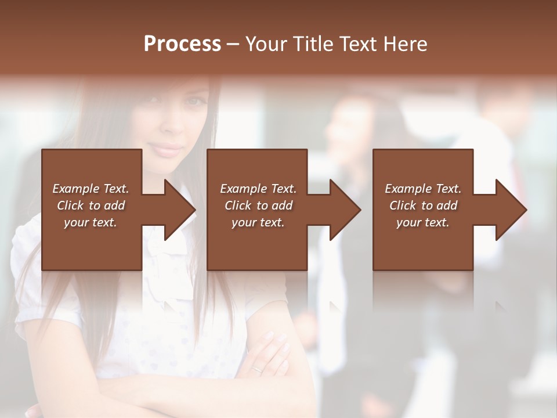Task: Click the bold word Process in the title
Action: tap(182, 44)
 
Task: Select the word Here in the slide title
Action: tap(405, 44)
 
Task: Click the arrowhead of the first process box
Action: tap(179, 210)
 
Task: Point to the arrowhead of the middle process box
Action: tap(345, 210)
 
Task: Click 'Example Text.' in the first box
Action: tap(91, 189)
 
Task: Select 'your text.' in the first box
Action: tap(91, 222)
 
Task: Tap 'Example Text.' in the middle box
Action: tap(258, 189)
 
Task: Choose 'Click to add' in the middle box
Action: tap(258, 206)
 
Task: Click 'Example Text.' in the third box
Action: tap(423, 189)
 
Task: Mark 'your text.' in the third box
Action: tap(423, 222)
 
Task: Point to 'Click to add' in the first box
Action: tap(91, 206)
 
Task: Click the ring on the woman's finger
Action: tap(257, 368)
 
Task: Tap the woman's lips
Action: tap(168, 150)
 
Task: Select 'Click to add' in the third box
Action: tap(423, 206)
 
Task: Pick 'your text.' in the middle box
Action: tap(258, 222)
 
